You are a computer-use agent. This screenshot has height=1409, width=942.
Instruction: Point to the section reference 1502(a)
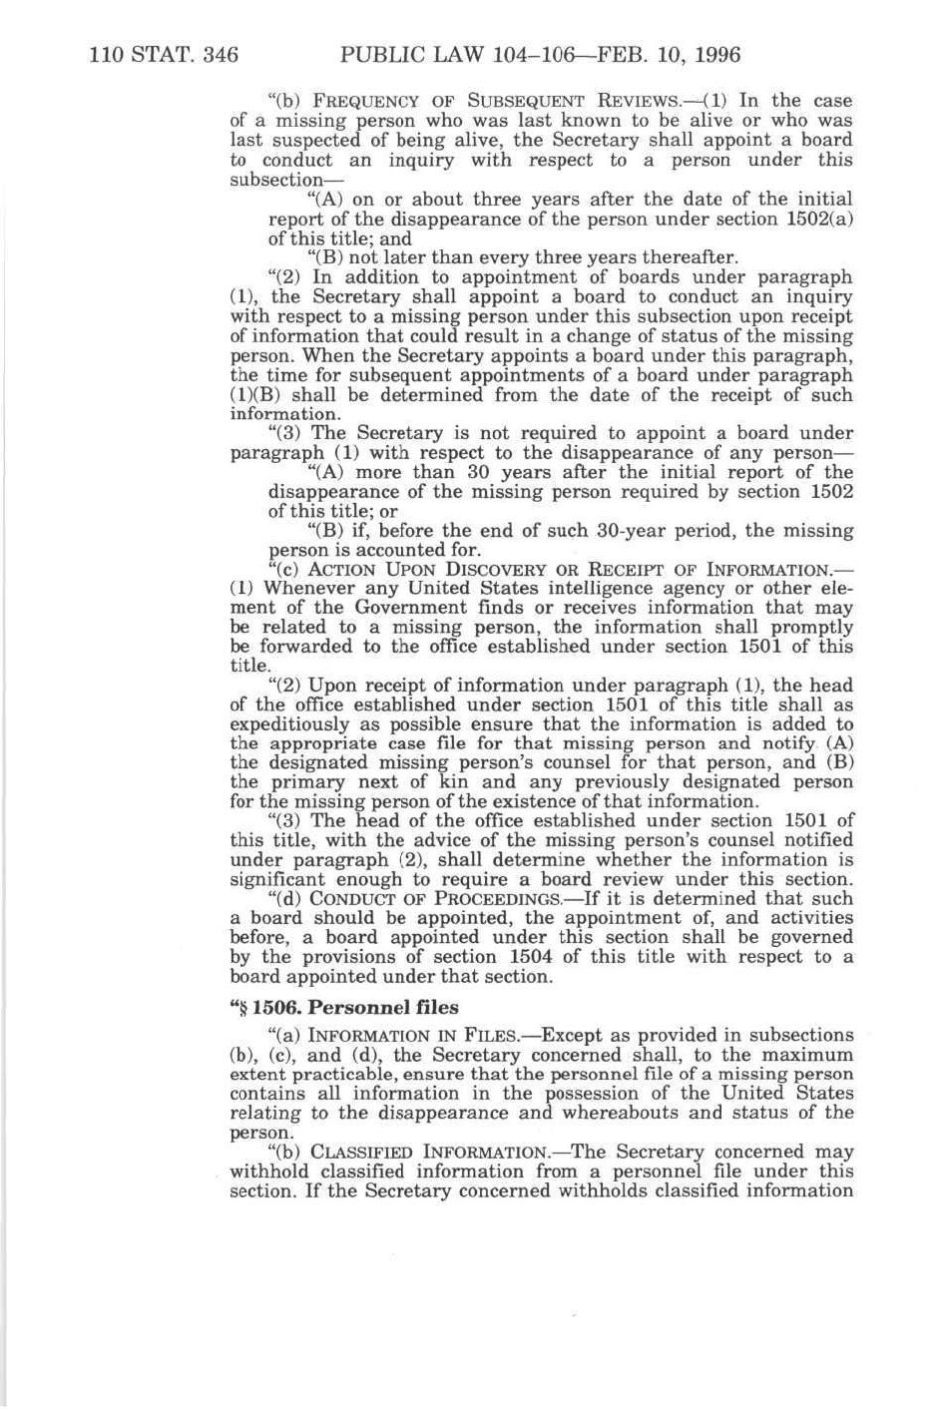[826, 220]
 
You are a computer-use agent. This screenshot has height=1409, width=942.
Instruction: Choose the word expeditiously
[299, 725]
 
